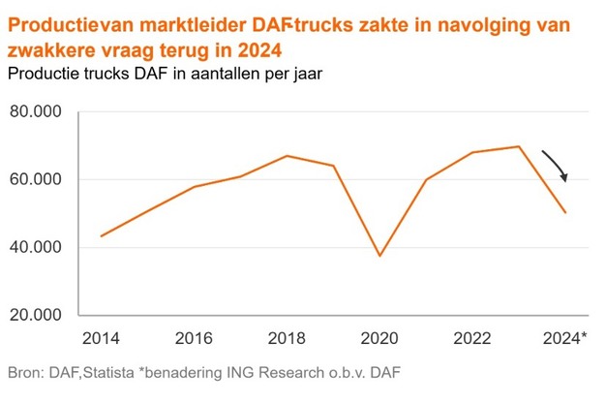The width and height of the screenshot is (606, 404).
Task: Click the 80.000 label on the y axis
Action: (34, 112)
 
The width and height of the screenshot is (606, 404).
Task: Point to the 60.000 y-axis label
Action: (34, 180)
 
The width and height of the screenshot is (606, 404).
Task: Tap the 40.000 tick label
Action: (34, 248)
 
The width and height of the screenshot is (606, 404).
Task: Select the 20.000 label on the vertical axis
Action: (34, 316)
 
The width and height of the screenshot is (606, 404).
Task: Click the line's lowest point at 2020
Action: (379, 256)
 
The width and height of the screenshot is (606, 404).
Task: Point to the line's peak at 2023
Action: (519, 146)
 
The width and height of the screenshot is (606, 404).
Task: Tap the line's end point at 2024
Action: (565, 212)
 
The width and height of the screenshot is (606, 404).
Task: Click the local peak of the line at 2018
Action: (287, 156)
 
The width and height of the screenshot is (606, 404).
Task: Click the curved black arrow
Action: (556, 165)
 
